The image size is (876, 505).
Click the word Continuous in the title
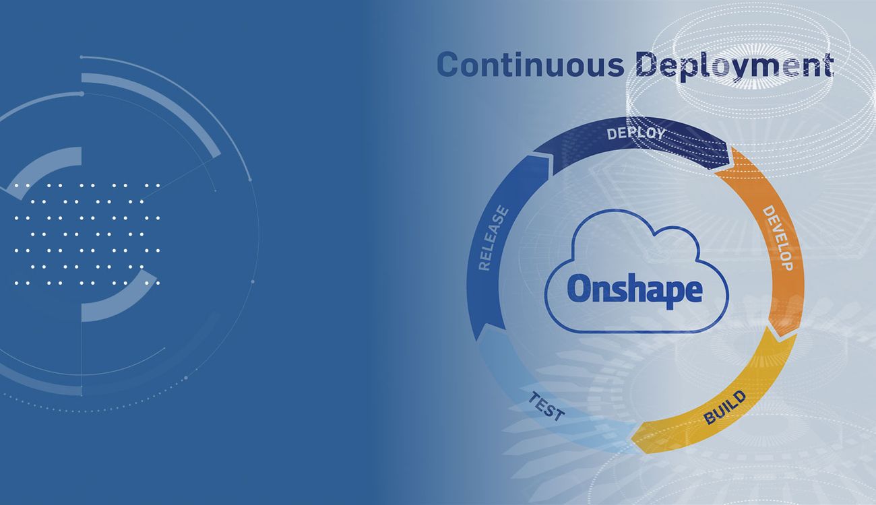point(530,65)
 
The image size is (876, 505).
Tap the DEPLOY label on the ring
point(635,133)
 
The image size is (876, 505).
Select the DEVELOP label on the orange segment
point(777,238)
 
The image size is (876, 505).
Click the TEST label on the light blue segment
point(546,406)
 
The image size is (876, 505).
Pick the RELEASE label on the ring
point(493,239)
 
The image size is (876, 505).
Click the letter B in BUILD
point(710,419)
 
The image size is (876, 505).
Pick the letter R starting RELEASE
point(483,265)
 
